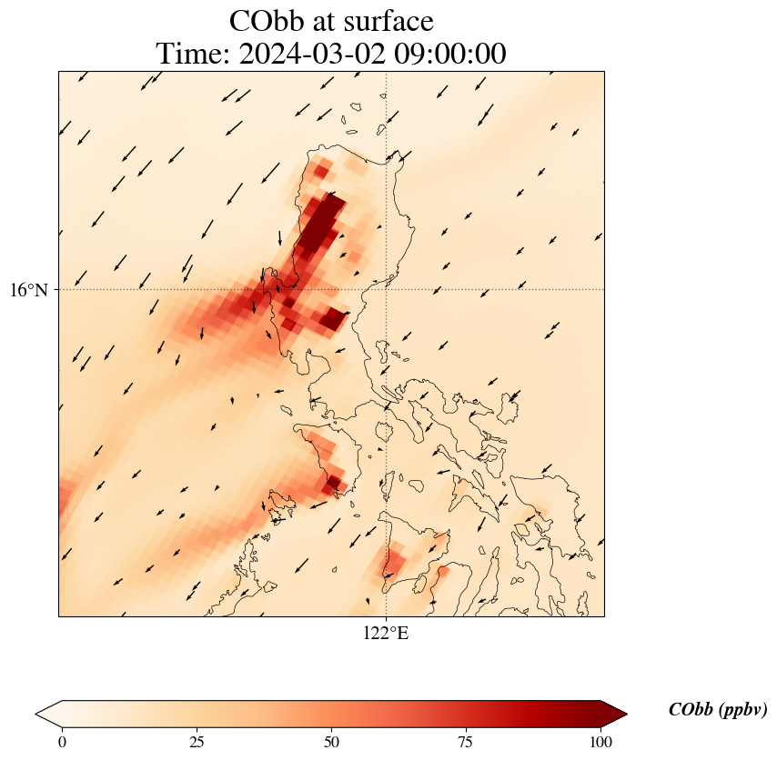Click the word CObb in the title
pos(265,21)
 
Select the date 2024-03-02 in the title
pos(309,54)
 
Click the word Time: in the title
pos(194,54)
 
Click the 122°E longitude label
pos(386,634)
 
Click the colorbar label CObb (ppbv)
pos(717,710)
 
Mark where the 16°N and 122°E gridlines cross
pos(387,290)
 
